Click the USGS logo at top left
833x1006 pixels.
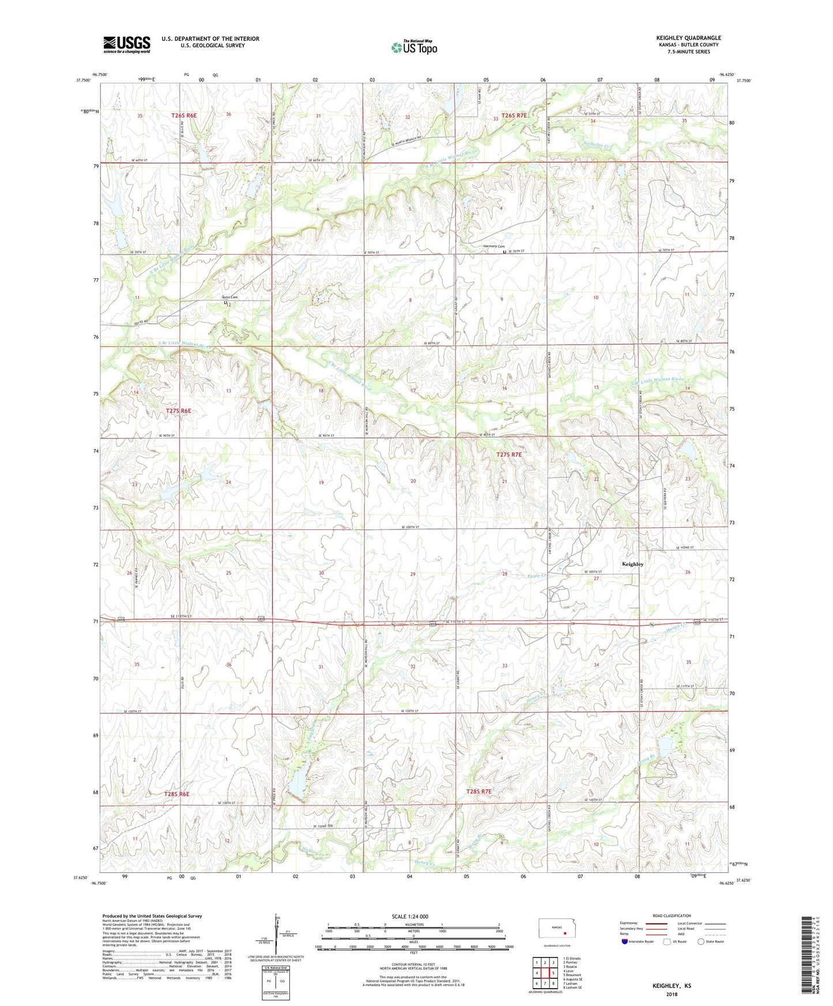click(x=126, y=44)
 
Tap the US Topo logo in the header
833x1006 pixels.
click(x=414, y=47)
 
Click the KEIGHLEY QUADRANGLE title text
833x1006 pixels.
click(x=688, y=38)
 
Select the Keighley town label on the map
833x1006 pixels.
click(x=632, y=564)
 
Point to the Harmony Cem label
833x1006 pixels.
click(x=493, y=247)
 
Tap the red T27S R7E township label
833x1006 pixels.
click(x=508, y=455)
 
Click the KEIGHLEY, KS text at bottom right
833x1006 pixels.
click(x=672, y=986)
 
